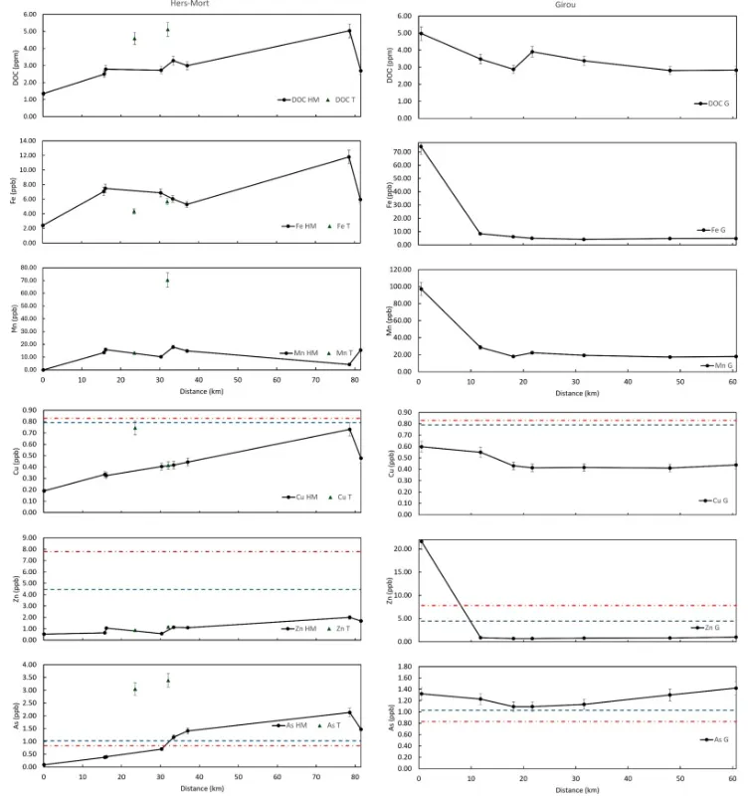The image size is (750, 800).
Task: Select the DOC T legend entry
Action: [x=342, y=100]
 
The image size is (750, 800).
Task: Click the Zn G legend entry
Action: [x=718, y=627]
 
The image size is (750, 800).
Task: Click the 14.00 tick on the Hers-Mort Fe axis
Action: [x=27, y=140]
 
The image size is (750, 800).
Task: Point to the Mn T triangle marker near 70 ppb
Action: [x=167, y=281]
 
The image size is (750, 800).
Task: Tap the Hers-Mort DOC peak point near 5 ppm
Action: [x=349, y=31]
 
